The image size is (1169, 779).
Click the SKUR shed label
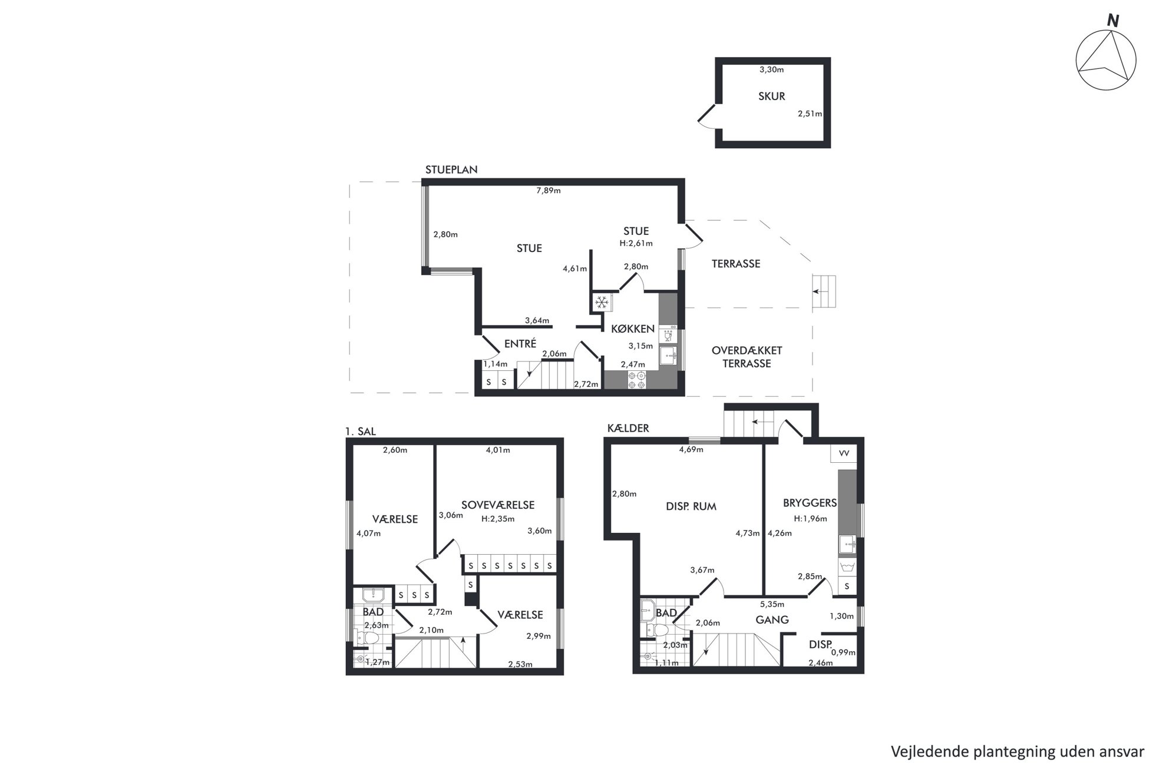coord(771,97)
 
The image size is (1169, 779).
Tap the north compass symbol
coord(1106,59)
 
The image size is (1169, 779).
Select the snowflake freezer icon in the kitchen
coord(602,303)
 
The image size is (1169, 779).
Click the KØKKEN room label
coord(633,329)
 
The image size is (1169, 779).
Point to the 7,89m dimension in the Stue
coord(548,190)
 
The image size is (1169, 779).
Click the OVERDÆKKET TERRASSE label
coord(747,357)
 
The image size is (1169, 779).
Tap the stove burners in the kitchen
coord(637,380)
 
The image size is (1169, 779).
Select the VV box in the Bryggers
coord(844,453)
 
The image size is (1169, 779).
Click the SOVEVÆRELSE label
coord(497,505)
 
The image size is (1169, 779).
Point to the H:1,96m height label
coord(810,519)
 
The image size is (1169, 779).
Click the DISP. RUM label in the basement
coord(691,506)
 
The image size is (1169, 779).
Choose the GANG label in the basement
coord(772,619)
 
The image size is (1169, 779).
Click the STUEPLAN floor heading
coord(451,170)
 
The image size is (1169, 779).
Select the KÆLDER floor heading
coord(628,428)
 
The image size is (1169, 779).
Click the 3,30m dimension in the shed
coord(771,69)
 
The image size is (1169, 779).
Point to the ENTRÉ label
coord(520,344)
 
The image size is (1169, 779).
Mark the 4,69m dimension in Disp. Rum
coord(691,449)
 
